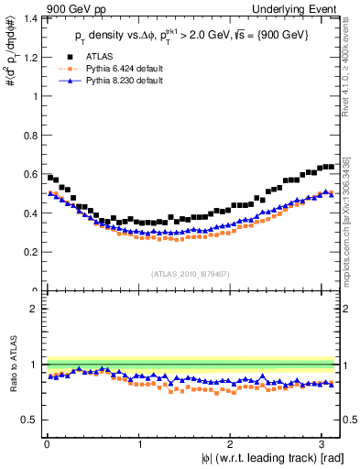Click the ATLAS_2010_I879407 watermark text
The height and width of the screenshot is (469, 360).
[x=191, y=272]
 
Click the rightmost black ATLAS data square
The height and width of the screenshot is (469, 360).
[x=331, y=167]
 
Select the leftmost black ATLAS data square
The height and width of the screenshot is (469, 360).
[x=49, y=177]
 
